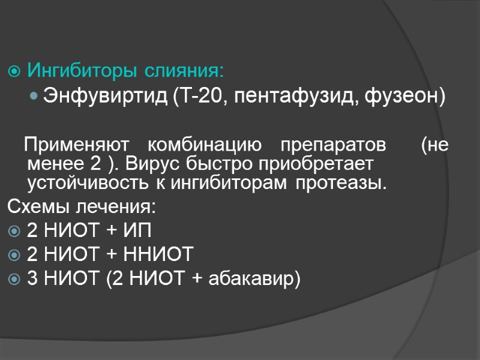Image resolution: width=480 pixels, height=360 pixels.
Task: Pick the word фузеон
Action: click(x=396, y=97)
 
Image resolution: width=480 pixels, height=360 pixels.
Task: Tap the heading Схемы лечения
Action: click(x=81, y=208)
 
